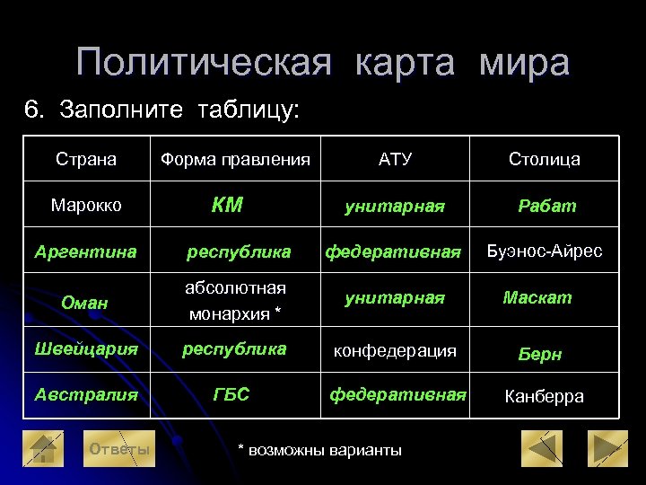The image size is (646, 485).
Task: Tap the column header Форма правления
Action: (235, 160)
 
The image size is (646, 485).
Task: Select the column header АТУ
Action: (395, 160)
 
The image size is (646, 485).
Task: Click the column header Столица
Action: (544, 160)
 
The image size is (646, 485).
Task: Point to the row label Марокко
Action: (86, 206)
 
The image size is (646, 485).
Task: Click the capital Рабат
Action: (547, 206)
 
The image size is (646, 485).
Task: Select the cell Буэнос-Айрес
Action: (545, 251)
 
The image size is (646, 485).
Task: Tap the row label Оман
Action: (84, 304)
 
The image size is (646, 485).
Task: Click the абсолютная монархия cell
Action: (235, 301)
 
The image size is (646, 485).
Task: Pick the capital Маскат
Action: (537, 297)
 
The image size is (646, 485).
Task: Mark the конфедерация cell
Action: (395, 350)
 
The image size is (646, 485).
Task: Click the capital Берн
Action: (540, 354)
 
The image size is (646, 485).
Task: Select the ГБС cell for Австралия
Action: (231, 394)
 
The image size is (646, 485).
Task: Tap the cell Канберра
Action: (545, 396)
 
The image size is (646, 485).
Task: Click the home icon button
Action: (42, 449)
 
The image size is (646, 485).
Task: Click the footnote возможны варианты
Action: (319, 450)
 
